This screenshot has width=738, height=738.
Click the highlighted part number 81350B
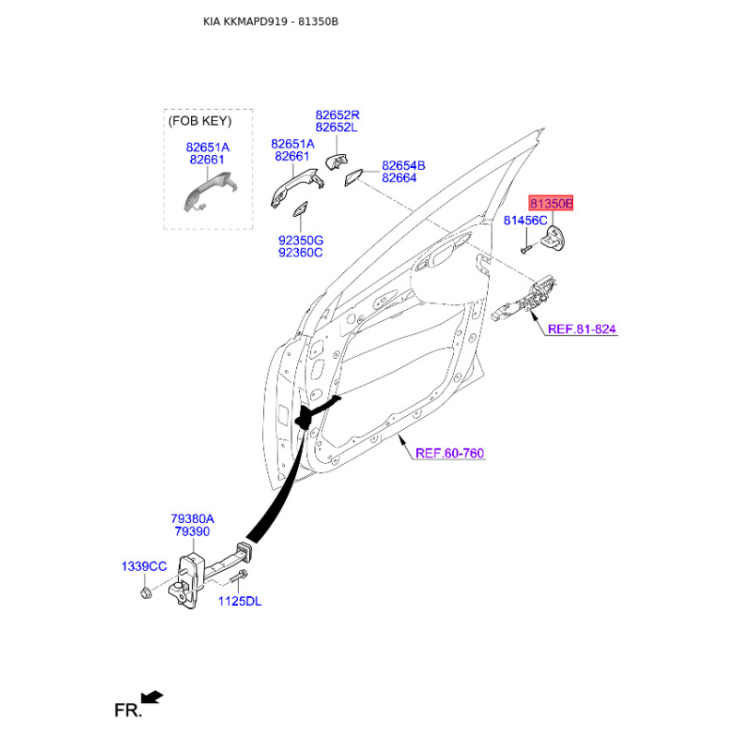click(x=551, y=203)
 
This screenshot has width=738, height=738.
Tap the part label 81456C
click(x=526, y=220)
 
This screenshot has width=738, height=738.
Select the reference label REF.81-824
click(x=581, y=328)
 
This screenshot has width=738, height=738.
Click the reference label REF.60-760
click(x=449, y=453)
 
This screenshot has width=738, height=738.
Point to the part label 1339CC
click(x=144, y=565)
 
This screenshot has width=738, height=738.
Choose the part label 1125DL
click(x=240, y=601)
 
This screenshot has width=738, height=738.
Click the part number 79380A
click(x=192, y=519)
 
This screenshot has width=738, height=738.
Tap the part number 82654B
click(x=403, y=165)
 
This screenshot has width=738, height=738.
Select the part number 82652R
click(x=337, y=115)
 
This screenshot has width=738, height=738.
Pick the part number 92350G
click(x=301, y=240)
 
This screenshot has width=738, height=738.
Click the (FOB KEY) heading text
click(x=200, y=121)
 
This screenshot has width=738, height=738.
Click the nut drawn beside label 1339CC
click(x=146, y=590)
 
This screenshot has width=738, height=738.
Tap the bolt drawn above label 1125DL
click(x=236, y=577)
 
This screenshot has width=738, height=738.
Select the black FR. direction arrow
click(x=153, y=696)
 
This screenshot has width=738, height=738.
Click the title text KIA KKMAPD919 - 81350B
click(x=270, y=20)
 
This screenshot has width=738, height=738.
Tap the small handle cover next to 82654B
click(x=354, y=178)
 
